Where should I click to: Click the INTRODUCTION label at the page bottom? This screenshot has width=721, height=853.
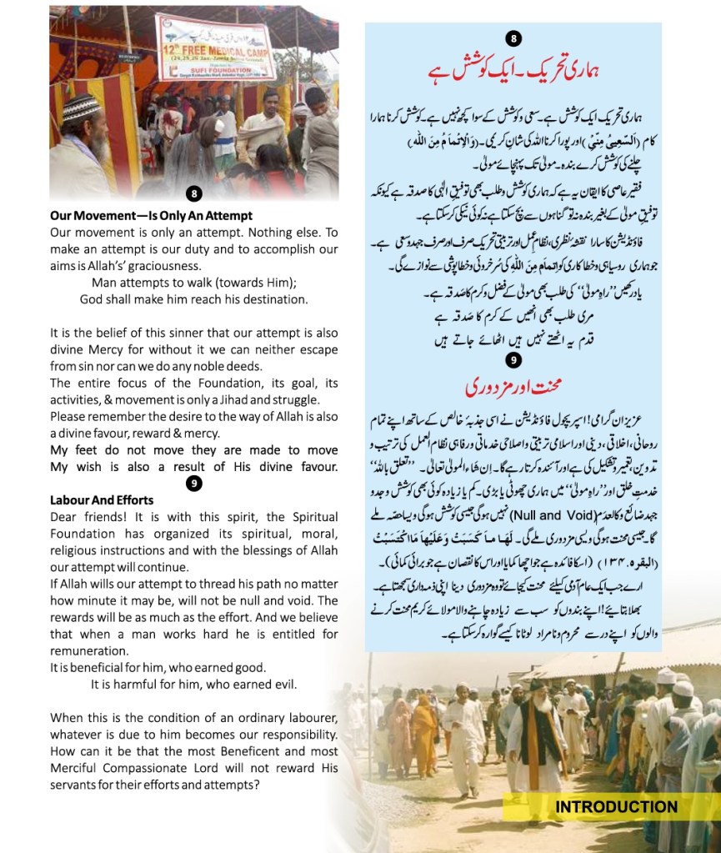tap(616, 806)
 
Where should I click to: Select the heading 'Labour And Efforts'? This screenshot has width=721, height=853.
tap(102, 500)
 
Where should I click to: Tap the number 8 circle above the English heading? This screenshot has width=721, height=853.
tap(193, 194)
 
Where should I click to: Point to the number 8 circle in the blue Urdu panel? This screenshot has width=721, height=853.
tap(513, 39)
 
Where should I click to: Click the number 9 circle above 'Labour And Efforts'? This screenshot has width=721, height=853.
tap(193, 484)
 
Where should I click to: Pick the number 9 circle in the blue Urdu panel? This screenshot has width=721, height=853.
tap(513, 360)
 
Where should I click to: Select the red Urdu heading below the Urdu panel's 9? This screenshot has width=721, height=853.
tap(513, 388)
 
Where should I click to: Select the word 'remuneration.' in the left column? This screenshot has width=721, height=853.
tap(89, 651)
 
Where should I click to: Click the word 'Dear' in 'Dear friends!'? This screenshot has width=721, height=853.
tap(64, 517)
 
